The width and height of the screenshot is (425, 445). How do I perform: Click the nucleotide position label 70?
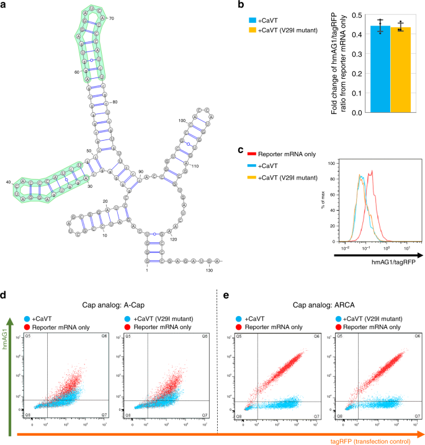[x=112, y=19]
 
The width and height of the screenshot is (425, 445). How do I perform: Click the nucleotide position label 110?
[x=195, y=167]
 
